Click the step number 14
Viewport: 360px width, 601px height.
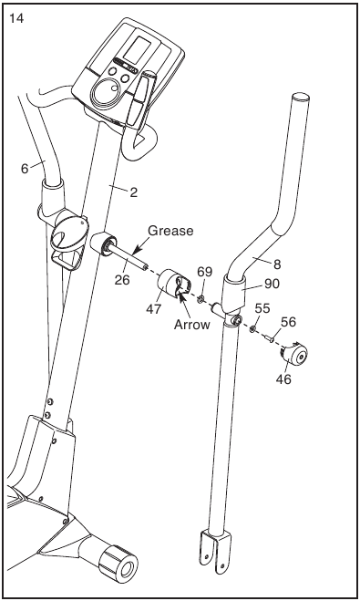click(x=15, y=18)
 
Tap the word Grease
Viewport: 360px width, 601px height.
click(x=170, y=231)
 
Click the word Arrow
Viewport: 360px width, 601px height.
click(x=192, y=325)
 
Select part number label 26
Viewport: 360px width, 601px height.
click(x=122, y=280)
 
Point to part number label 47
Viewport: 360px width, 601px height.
click(x=154, y=309)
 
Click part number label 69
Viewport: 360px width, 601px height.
click(x=204, y=272)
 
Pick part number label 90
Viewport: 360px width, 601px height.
click(x=272, y=284)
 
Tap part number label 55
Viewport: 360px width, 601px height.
click(x=262, y=308)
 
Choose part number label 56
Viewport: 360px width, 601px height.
click(x=288, y=322)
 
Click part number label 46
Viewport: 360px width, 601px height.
click(x=283, y=379)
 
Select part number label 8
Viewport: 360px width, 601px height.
click(x=277, y=264)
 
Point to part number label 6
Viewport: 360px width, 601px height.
click(x=25, y=169)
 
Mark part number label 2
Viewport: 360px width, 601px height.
click(x=133, y=192)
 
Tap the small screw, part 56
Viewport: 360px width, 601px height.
click(x=268, y=337)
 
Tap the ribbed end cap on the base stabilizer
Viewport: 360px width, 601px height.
click(x=118, y=565)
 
